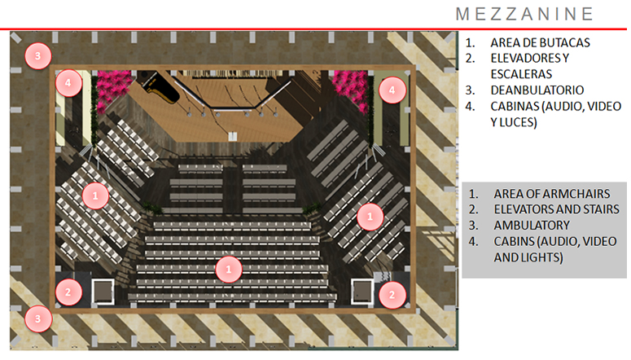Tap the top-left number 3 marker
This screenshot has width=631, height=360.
point(37,55)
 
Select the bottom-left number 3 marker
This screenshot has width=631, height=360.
point(37,318)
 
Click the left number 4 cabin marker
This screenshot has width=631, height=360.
point(68,83)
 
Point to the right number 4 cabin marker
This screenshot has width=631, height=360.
point(392,90)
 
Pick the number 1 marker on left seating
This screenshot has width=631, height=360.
point(95,195)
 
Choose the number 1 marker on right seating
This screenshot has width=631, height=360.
point(370,216)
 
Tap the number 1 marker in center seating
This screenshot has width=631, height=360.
point(229,268)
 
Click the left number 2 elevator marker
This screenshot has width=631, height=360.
point(68,292)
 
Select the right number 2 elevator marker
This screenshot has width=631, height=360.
point(392,294)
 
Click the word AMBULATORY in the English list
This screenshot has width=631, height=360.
point(531,225)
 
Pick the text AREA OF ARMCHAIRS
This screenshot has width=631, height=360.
point(548,194)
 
